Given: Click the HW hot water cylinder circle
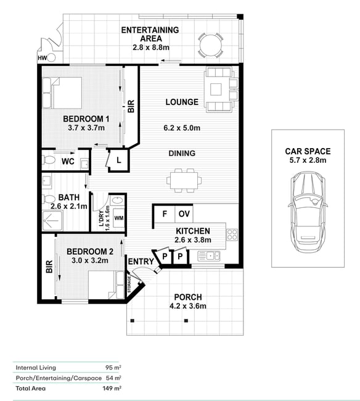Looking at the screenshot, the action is (x=51, y=58).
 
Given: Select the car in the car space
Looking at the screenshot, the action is (x=308, y=212).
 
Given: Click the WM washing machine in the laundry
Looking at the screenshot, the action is (x=119, y=218).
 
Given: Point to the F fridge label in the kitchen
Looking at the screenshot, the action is (x=165, y=213).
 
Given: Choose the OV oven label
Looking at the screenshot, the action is (x=184, y=213).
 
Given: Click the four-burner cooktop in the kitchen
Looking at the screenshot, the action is (x=232, y=234).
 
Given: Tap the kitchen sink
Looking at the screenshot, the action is (x=209, y=256).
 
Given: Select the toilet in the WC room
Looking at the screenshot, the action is (x=49, y=160).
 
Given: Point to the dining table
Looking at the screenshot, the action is (x=184, y=180).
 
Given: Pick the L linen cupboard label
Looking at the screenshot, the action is (x=119, y=160).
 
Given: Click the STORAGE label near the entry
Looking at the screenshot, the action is (x=129, y=284).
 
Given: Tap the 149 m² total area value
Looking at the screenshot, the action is (x=112, y=388).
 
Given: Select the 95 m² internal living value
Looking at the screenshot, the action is (x=113, y=368).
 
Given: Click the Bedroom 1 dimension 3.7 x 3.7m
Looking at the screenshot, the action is (x=86, y=128).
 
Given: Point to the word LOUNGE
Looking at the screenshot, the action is (x=182, y=102).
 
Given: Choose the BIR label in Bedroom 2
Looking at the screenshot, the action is (x=49, y=267).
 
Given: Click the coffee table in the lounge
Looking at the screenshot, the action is (x=216, y=89).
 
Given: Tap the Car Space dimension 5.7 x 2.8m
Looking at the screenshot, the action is (x=308, y=160).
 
